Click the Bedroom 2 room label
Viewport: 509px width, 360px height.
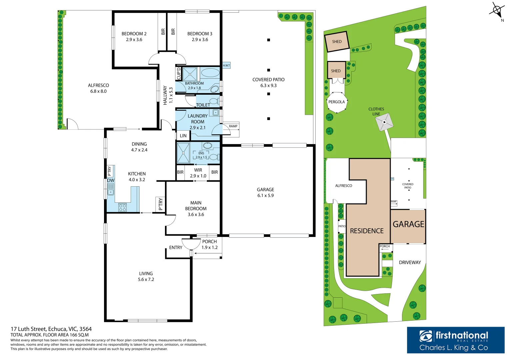(134, 34)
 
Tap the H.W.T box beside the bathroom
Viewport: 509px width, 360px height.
(226, 65)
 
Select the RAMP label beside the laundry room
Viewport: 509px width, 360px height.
(233, 126)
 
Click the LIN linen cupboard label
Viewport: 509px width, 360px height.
(183, 136)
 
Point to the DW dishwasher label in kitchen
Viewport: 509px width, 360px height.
(111, 180)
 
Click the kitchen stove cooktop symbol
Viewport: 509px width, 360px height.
(122, 207)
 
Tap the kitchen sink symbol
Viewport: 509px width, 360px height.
(111, 189)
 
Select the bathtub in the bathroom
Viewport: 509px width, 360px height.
(209, 73)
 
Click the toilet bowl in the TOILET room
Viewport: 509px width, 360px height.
(213, 101)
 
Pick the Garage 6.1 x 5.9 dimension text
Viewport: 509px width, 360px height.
(265, 196)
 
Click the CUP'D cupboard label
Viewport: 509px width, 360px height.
(179, 73)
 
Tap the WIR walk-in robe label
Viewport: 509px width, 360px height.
(198, 170)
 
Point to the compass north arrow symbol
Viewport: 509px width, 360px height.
(497, 11)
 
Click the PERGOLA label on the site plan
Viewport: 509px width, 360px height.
(336, 102)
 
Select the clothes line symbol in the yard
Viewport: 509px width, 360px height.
(384, 122)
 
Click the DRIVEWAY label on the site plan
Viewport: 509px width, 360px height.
(410, 263)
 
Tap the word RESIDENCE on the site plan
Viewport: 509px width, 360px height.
(367, 231)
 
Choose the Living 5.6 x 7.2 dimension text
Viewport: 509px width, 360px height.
(146, 280)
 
